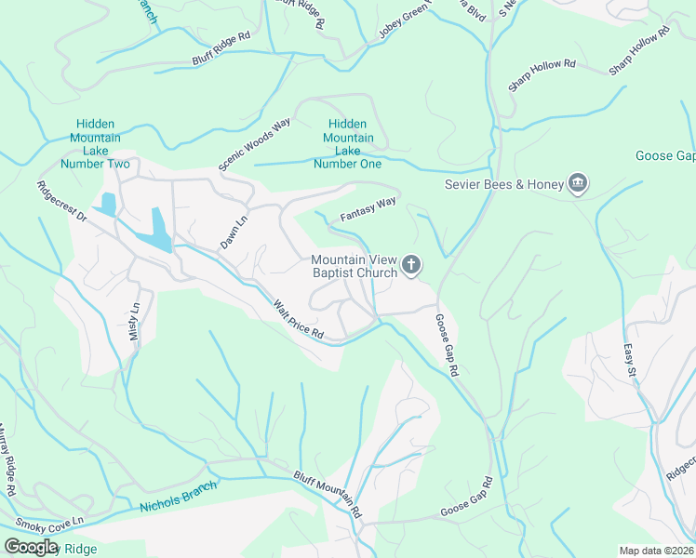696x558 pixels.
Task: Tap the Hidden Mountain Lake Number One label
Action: click(347, 144)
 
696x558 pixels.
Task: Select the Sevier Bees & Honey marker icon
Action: click(578, 183)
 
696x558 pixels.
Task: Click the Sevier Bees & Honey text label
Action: click(504, 184)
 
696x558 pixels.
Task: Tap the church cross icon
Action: click(411, 267)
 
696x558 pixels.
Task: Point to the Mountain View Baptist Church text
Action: click(354, 266)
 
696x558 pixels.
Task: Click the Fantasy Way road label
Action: click(368, 208)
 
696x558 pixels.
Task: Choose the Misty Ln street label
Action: click(135, 322)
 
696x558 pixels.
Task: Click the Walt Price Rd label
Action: click(298, 319)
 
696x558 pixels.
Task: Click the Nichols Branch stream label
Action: click(178, 497)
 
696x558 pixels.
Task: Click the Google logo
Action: click(31, 547)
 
